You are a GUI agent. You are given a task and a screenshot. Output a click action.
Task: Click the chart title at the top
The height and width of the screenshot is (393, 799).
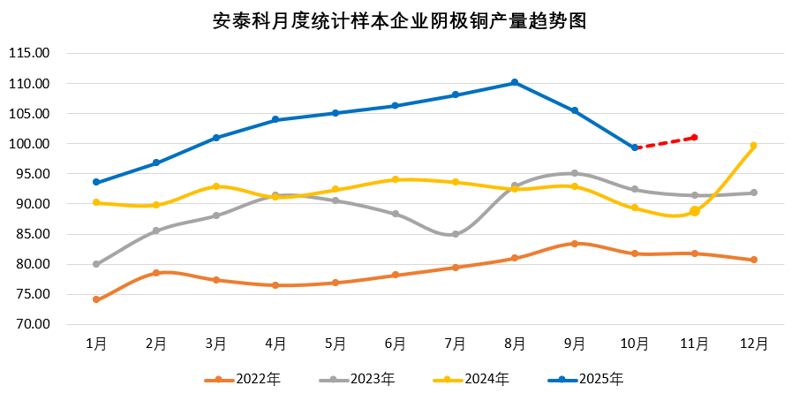pos(399,20)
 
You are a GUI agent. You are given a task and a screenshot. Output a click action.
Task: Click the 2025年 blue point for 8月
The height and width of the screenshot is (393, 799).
pos(515,83)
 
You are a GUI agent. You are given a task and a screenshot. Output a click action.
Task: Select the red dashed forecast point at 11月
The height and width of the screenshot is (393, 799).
pos(695,137)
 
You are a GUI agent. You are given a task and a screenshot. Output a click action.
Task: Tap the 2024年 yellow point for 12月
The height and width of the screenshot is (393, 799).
pos(754,146)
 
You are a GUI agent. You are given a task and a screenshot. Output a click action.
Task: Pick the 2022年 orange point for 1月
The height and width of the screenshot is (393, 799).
pos(95,299)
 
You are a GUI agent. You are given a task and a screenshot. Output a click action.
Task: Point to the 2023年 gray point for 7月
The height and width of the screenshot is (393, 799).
pos(455,234)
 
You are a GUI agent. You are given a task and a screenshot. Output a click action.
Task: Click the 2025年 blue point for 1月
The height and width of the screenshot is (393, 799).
pos(95,183)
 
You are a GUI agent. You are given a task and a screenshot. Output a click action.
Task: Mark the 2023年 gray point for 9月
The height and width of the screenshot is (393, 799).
pos(575,173)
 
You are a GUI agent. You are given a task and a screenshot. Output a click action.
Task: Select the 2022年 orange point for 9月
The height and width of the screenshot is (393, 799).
pos(575,244)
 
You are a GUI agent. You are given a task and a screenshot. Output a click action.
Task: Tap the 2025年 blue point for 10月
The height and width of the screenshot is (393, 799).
pos(635,147)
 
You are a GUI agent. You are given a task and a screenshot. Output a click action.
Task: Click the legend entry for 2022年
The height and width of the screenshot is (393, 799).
pos(244,379)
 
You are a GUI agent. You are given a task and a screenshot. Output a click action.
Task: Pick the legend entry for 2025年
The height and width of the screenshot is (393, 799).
pos(586,379)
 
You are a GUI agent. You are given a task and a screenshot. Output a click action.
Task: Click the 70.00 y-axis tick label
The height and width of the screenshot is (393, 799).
pos(32,324)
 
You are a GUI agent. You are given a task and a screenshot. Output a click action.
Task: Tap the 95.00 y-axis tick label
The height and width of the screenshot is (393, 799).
pos(32,174)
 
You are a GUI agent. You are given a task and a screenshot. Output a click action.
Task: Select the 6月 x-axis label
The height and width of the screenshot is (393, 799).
pos(395,343)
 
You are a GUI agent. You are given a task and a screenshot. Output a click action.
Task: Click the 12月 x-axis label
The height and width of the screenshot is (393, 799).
pos(754,343)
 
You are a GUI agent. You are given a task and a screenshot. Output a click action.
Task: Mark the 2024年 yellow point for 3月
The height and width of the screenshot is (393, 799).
pos(215,186)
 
